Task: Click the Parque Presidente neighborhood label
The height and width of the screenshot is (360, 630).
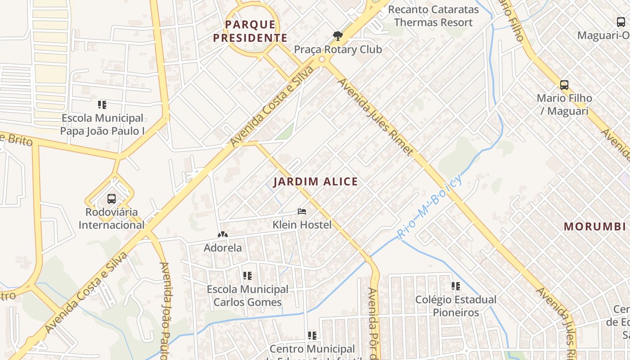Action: [250, 31]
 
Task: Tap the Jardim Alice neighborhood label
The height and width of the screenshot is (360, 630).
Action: [315, 182]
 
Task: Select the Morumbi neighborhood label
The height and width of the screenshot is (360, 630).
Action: [594, 226]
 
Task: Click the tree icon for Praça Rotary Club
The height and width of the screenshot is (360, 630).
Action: [337, 36]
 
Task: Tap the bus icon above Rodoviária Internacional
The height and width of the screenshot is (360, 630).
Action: [111, 198]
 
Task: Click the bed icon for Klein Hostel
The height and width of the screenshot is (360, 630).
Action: [302, 211]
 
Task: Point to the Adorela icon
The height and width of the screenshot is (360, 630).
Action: [222, 234]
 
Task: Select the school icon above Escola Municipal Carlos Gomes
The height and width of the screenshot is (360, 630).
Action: [247, 275]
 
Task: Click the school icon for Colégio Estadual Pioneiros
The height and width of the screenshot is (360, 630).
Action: [455, 286]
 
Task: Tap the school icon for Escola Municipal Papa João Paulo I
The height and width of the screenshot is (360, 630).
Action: [102, 105]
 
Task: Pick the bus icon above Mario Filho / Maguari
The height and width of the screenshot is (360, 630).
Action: [564, 85]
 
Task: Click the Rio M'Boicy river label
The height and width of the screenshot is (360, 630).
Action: [429, 207]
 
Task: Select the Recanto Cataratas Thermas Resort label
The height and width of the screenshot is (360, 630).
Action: [433, 16]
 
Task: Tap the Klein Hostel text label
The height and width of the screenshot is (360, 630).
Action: [302, 225]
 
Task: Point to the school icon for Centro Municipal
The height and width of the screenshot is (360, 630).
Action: [312, 335]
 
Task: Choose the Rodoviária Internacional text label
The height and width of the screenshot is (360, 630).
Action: [112, 218]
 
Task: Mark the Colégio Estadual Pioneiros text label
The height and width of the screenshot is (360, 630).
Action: [455, 306]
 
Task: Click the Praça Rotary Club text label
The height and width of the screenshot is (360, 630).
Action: [337, 49]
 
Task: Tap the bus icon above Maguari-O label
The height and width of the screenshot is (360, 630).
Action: [621, 22]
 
